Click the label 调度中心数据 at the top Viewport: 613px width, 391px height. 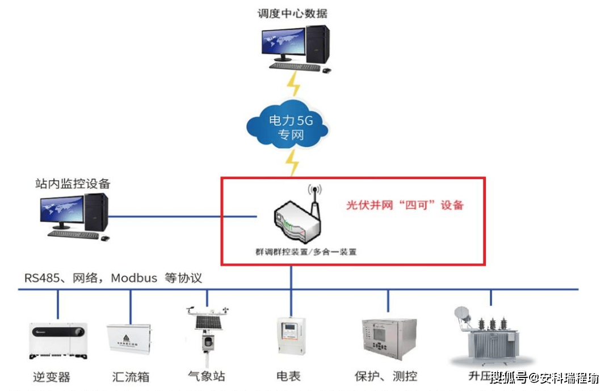point(292,13)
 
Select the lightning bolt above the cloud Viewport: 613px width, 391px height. point(293,84)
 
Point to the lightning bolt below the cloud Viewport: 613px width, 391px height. point(292,163)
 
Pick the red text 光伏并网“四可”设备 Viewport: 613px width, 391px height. point(405,205)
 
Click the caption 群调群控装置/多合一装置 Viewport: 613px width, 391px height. point(306,252)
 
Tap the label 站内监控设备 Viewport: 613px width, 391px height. point(73,184)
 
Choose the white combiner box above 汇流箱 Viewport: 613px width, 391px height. point(129,340)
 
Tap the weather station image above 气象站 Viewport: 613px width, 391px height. point(207,334)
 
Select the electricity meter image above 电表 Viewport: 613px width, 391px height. point(291,336)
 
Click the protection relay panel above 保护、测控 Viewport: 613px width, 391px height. point(389,338)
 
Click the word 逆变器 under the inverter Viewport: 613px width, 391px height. point(52,376)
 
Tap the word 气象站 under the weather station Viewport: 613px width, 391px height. point(207,376)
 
